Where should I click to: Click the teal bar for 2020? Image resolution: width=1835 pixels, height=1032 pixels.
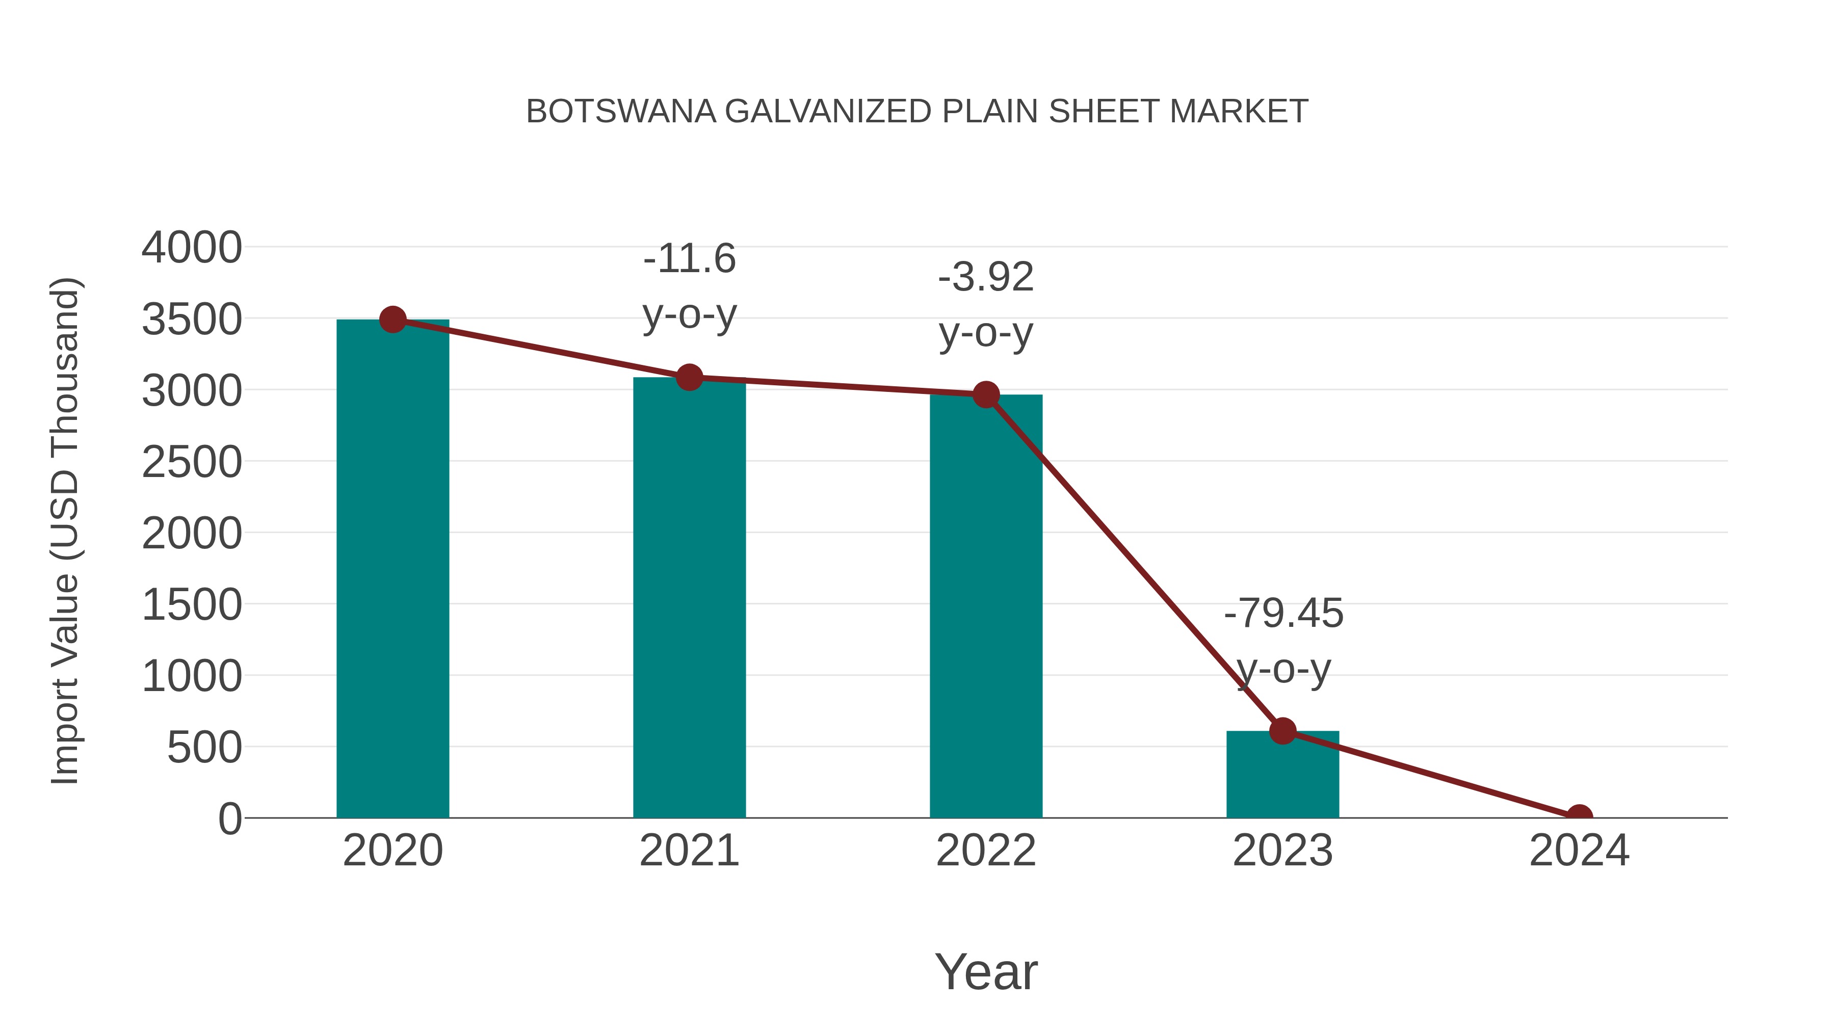392,570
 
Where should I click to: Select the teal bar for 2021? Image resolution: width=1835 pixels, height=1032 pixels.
689,598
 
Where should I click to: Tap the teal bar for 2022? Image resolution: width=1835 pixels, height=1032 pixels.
985,605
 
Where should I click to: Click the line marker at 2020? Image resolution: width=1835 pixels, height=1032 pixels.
392,320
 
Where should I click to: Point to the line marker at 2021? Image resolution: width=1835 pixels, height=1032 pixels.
689,378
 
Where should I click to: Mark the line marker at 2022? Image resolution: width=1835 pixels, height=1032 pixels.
985,394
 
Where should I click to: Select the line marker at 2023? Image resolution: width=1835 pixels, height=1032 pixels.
1282,731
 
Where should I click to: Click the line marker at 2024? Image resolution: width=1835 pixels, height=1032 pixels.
1579,816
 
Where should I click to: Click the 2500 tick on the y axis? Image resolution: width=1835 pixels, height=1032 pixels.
192,462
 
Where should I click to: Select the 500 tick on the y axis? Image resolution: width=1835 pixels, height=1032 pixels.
204,748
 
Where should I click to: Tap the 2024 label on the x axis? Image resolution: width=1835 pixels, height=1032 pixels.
1579,851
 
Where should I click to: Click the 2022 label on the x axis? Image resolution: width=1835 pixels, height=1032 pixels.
985,851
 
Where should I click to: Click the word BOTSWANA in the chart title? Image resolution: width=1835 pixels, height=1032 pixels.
620,112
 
